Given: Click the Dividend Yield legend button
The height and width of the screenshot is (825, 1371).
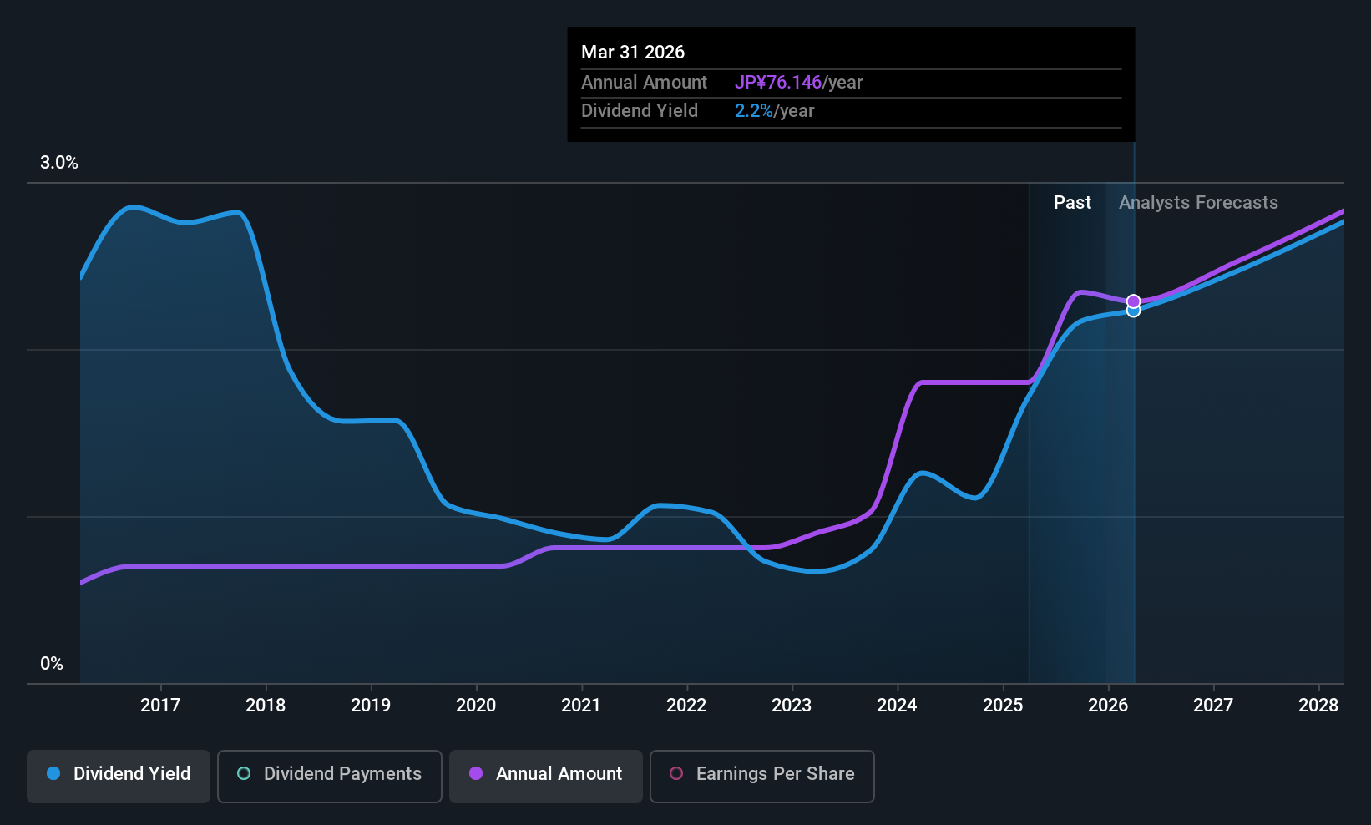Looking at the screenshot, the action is point(118,776).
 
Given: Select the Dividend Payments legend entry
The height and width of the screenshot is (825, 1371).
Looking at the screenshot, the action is point(329,776).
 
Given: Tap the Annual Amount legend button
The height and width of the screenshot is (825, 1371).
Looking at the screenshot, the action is point(545,776).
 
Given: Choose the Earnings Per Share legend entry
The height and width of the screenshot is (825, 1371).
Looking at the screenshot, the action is point(762,776).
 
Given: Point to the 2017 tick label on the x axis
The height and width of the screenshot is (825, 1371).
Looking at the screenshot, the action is point(160,705).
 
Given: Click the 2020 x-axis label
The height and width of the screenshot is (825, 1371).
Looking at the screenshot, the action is point(476,705).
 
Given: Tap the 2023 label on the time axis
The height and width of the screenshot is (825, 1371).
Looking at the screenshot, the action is point(792,705).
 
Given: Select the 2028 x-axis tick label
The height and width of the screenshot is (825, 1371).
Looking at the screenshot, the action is point(1318,705).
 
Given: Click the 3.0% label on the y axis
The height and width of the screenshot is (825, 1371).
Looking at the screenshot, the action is point(59,163).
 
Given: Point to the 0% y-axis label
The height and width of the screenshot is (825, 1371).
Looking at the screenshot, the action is point(52,664).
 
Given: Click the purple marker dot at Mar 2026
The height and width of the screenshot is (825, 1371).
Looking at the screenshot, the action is point(1134,301).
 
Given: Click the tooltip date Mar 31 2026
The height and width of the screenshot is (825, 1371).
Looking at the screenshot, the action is point(633,53).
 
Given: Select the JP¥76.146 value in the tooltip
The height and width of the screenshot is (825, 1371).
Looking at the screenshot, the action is point(778,82).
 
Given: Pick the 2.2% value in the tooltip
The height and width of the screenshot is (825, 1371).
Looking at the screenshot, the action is point(754,111).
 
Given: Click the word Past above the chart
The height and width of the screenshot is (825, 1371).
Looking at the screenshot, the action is point(1072,203).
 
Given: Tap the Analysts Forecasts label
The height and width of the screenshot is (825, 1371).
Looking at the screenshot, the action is point(1198,203).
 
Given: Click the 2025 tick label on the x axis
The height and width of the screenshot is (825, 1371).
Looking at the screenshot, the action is point(1003,705).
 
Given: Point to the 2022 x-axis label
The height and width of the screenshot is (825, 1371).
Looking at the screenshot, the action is point(686,705).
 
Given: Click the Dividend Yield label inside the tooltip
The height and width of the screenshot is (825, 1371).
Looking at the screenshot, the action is point(640,111).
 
